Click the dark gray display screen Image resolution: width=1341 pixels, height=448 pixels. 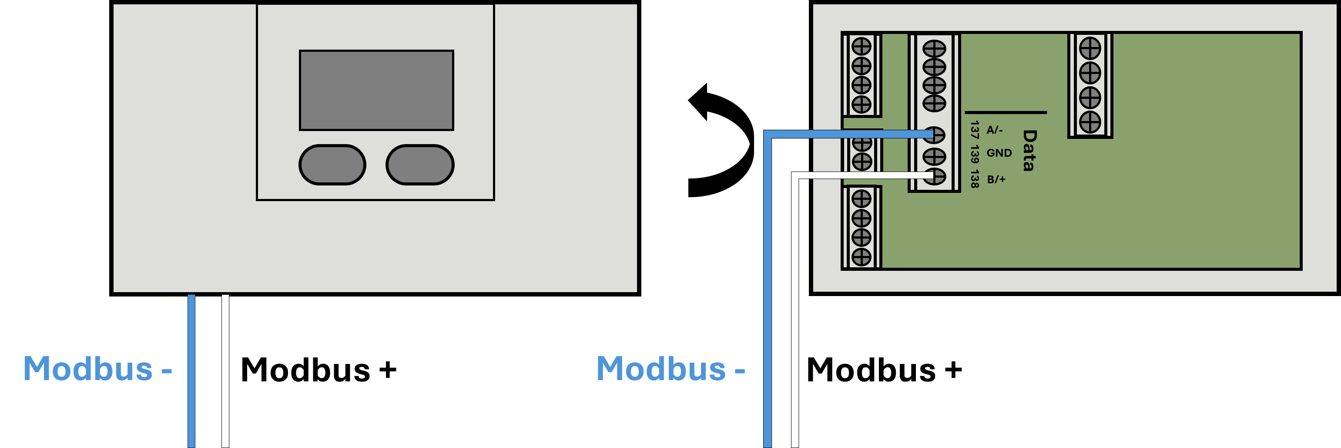click(376, 90)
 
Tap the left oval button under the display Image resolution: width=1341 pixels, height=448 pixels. click(332, 165)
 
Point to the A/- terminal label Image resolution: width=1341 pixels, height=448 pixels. click(994, 130)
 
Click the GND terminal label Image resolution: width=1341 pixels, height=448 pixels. click(999, 153)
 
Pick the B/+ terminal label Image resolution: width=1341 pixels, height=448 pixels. click(996, 179)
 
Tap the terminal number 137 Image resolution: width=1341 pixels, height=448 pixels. click(975, 130)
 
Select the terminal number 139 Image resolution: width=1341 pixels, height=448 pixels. click(975, 154)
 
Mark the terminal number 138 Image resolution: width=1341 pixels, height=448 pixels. click(975, 179)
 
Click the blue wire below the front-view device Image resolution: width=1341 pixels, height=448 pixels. click(191, 371)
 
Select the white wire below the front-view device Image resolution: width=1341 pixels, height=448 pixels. click(225, 371)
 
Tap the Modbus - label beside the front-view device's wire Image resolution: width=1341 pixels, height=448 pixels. click(98, 369)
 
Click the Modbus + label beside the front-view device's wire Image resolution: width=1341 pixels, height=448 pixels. click(318, 370)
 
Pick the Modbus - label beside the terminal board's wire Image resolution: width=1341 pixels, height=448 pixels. click(671, 369)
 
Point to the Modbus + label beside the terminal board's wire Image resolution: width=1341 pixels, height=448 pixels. click(885, 370)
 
